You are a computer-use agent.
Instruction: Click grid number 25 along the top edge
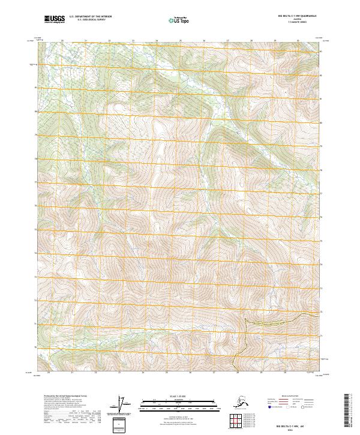(x=180, y=41)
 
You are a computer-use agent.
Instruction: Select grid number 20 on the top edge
(x=62, y=41)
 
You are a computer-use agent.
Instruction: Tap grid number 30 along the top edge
(x=298, y=41)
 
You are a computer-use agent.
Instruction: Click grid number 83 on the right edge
(x=322, y=52)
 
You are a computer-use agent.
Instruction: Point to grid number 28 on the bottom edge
(x=239, y=373)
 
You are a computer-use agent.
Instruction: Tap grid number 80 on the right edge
(x=322, y=123)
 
